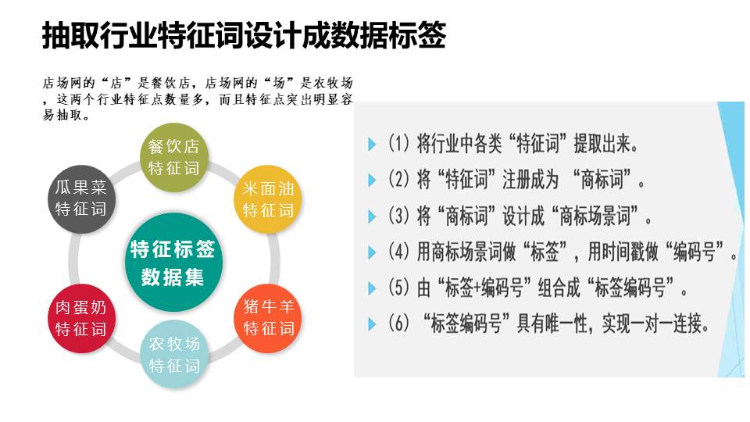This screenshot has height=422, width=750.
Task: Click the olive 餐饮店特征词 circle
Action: [x=173, y=157]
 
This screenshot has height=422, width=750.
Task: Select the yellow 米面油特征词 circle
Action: [x=268, y=199]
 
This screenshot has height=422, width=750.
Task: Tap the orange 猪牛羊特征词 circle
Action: [x=268, y=318]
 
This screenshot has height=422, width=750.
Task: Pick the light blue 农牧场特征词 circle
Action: [x=173, y=355]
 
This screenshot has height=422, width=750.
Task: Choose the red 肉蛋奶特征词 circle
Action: [x=81, y=318]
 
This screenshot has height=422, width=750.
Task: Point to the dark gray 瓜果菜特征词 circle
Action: [x=81, y=199]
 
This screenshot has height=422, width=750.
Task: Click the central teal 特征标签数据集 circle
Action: [x=173, y=263]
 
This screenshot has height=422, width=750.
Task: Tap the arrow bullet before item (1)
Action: [x=372, y=144]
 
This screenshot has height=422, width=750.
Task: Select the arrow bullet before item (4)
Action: [x=372, y=252]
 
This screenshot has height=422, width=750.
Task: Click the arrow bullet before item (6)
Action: [x=372, y=324]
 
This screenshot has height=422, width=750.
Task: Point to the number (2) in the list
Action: [x=398, y=180]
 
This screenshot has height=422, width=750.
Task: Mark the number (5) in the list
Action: [x=398, y=288]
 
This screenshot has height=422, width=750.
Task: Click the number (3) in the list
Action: [x=398, y=216]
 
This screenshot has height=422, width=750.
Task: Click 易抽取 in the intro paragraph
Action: [x=62, y=115]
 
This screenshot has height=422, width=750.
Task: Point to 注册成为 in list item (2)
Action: [x=530, y=180]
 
